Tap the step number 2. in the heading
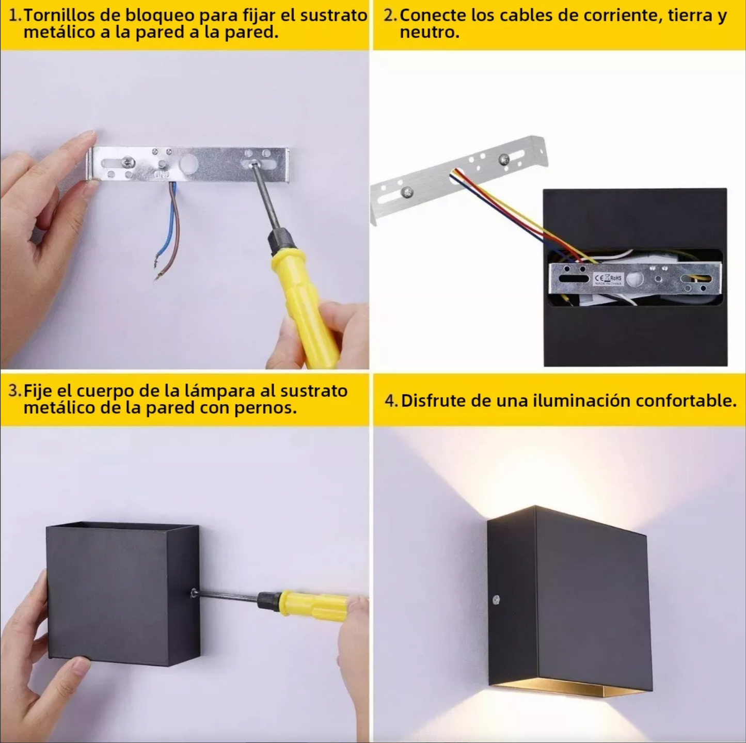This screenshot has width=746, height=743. (390, 15)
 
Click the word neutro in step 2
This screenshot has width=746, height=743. (429, 33)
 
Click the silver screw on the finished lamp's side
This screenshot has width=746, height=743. (496, 600)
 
